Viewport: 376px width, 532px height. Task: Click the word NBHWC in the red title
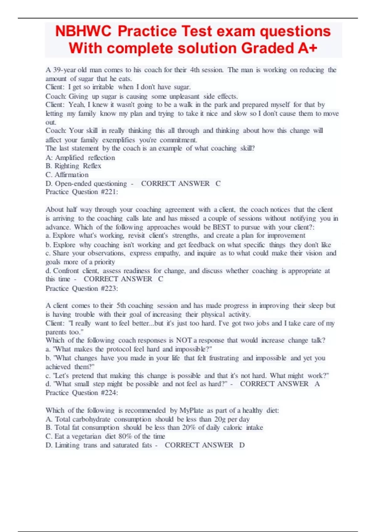(x=83, y=31)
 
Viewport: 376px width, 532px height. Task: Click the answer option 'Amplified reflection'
(x=85, y=157)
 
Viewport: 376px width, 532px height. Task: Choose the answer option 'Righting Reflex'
(x=78, y=166)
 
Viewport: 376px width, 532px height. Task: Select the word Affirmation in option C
(x=72, y=175)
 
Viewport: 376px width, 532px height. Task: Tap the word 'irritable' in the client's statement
(x=103, y=87)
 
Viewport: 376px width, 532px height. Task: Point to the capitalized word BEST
(x=222, y=227)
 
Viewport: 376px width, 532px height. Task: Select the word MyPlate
(x=191, y=410)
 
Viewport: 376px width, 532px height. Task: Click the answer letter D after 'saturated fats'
(x=242, y=445)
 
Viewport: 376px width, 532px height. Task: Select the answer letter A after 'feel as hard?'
(x=317, y=384)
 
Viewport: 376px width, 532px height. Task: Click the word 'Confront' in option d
(x=66, y=271)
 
